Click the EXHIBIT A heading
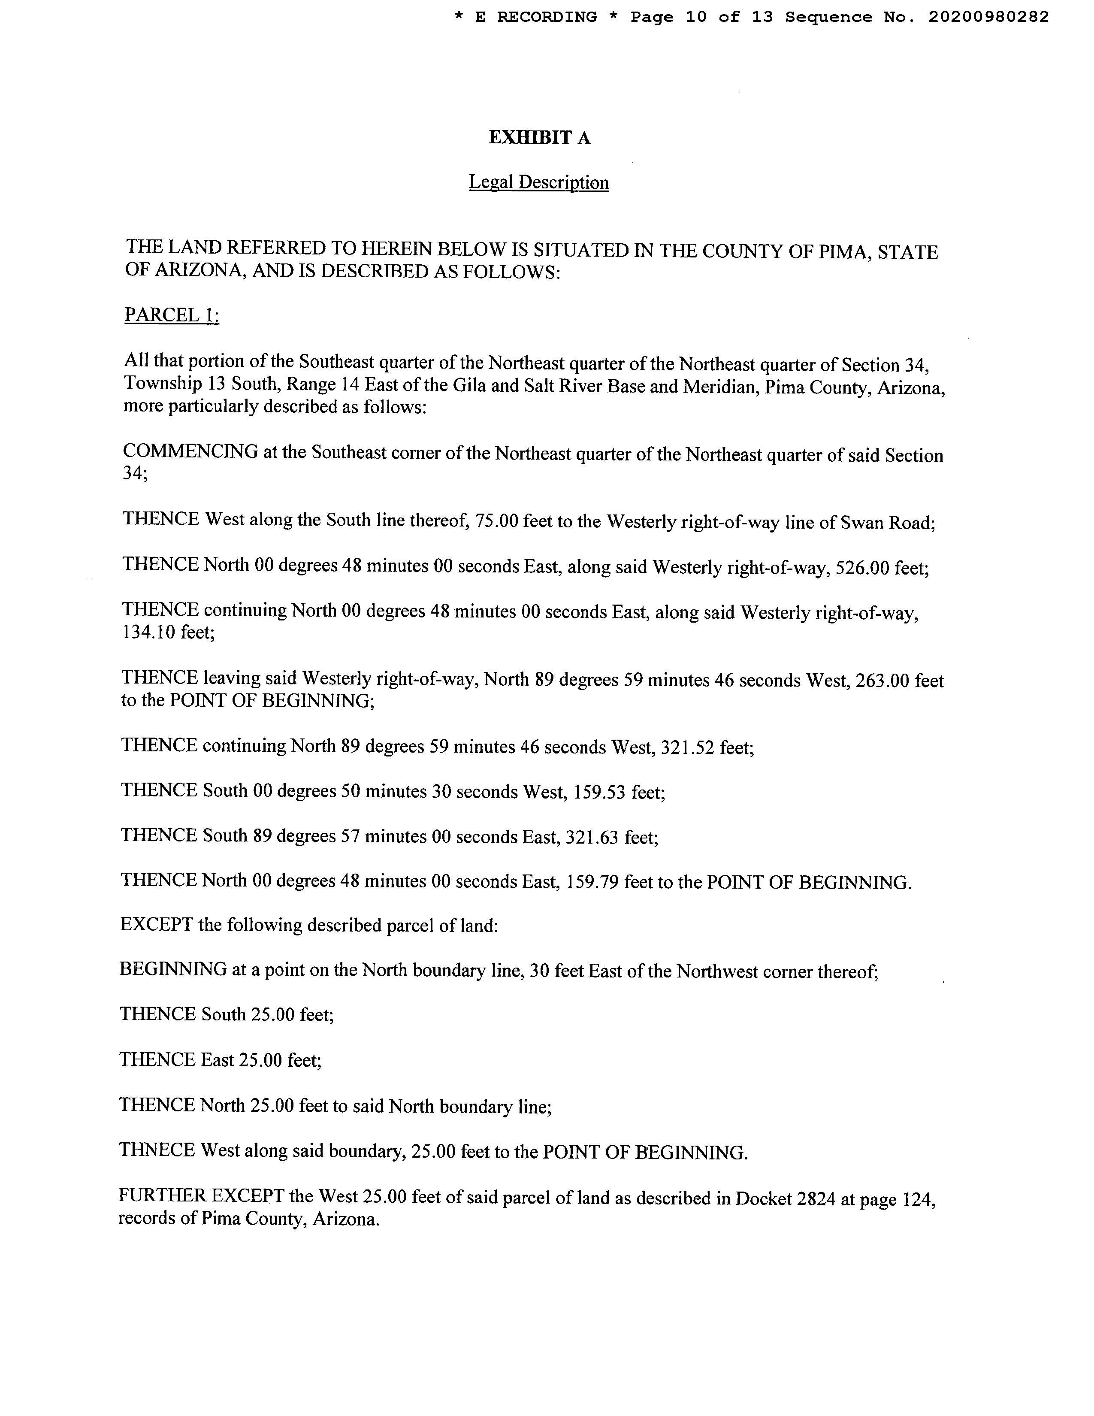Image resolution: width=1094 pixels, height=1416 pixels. (539, 138)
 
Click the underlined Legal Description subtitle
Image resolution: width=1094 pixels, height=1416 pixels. (538, 183)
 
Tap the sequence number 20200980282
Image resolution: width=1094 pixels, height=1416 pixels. (988, 18)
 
